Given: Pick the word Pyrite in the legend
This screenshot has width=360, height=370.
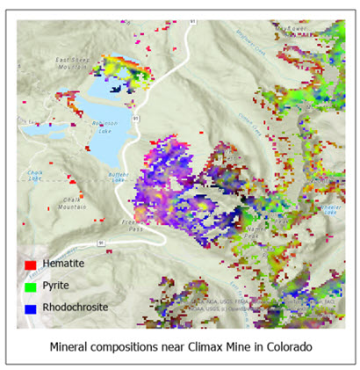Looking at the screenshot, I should coord(56,287).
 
